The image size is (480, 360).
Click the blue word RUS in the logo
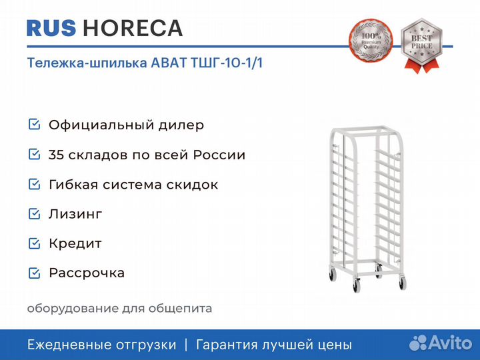point(51,28)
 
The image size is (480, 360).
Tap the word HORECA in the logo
point(133,28)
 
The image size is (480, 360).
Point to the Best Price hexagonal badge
point(421,42)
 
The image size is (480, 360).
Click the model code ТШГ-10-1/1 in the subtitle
point(227,63)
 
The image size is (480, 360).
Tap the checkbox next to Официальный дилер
point(34,124)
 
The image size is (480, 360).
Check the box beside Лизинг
point(34,214)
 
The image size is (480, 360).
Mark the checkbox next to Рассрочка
point(34,273)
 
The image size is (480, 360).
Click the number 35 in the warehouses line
point(56,155)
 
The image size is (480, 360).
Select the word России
point(219,155)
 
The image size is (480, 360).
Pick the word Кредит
point(75,244)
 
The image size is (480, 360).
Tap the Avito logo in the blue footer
point(441,343)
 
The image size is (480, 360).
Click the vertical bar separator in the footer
point(186,345)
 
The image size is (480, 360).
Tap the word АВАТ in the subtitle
point(169,63)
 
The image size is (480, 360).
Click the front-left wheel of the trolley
point(356,285)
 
